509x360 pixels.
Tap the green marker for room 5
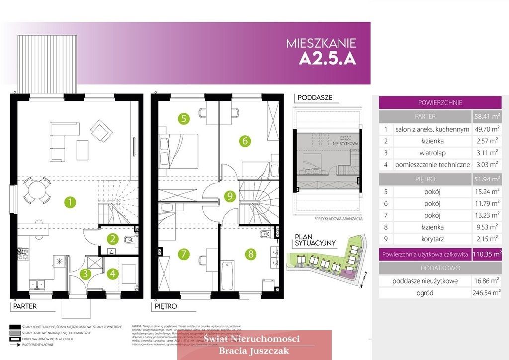(x=184, y=118)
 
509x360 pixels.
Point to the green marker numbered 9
(x=229, y=196)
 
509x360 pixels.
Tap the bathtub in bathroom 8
(x=227, y=275)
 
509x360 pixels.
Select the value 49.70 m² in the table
(x=486, y=129)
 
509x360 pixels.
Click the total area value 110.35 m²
(x=487, y=254)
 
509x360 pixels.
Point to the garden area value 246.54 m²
(x=486, y=293)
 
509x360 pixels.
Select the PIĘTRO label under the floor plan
(x=165, y=306)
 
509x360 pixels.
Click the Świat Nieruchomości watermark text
(x=254, y=339)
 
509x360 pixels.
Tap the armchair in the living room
(x=101, y=130)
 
